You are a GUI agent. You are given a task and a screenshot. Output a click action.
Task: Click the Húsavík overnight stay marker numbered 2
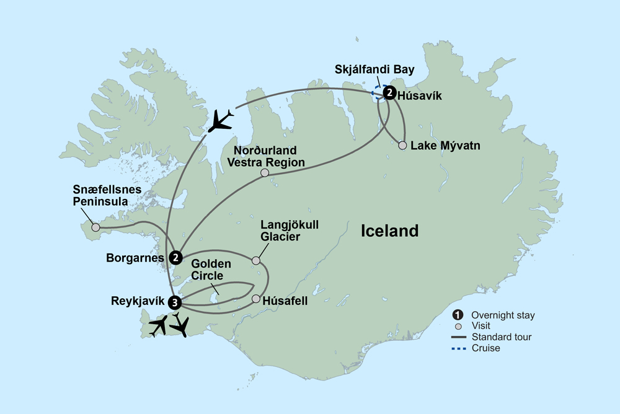pos(389,94)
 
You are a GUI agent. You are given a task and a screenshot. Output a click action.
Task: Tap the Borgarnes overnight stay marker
pos(176,257)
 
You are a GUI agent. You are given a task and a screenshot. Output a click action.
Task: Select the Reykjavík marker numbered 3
pos(176,302)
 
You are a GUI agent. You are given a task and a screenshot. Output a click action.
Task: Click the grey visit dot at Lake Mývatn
pos(402,146)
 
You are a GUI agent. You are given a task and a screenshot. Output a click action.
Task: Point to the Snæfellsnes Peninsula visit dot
pos(95,227)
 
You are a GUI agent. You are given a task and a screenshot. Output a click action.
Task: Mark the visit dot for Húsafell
pos(256,299)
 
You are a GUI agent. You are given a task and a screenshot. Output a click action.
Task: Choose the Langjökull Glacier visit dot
pos(256,261)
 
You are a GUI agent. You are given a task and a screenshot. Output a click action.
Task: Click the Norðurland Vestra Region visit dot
pos(265,173)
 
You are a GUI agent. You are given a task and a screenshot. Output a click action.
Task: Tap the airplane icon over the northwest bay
pos(221,120)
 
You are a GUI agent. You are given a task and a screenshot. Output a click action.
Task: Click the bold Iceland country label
pos(390,231)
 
